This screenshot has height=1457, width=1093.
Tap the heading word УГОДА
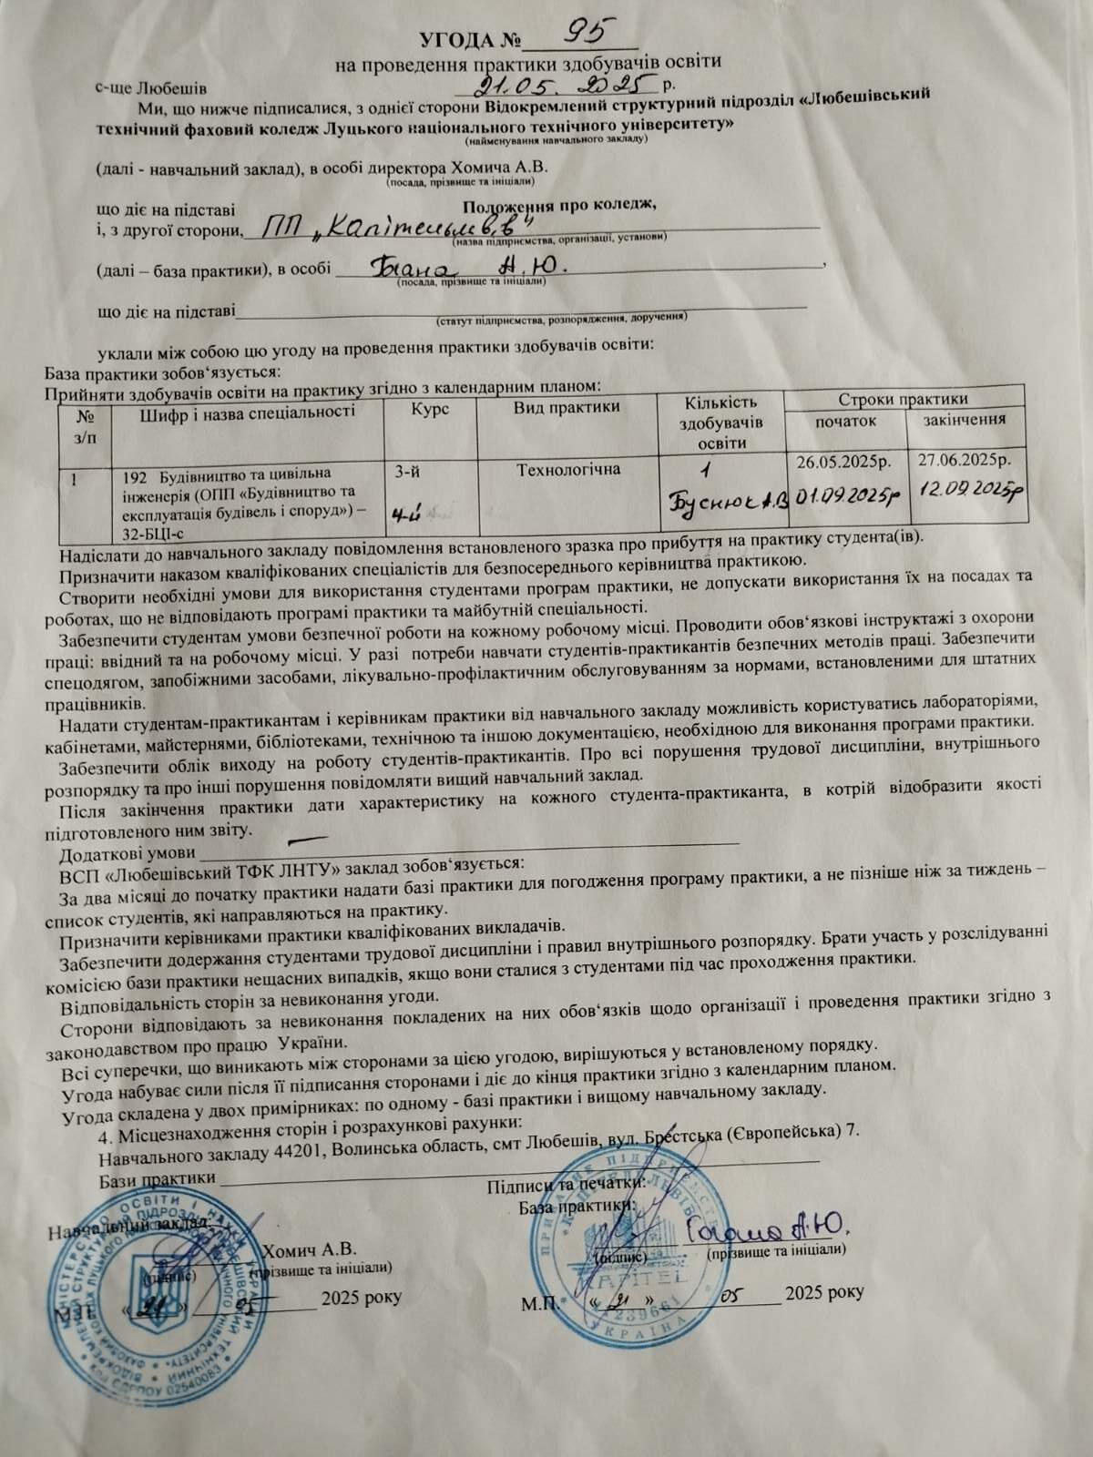tap(456, 41)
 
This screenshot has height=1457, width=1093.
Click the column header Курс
tap(430, 410)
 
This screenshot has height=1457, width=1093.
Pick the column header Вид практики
tap(566, 407)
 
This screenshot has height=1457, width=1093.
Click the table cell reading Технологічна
tap(568, 470)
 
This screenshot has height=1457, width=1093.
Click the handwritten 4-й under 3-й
tap(403, 515)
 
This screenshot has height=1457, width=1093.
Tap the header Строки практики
tap(903, 399)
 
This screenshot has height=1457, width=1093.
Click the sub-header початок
tap(845, 421)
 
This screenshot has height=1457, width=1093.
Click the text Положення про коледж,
tap(558, 203)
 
